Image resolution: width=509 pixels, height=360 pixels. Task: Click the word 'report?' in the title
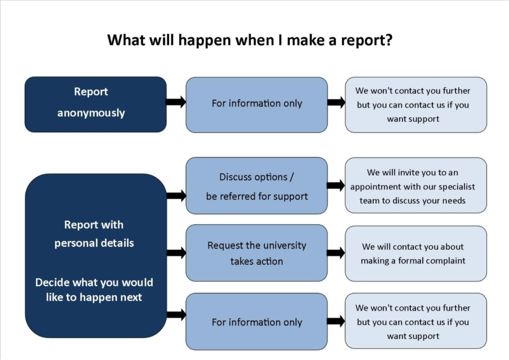click(x=368, y=41)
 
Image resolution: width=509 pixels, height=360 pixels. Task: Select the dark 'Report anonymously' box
click(x=95, y=104)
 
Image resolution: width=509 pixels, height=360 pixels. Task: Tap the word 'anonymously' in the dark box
click(x=91, y=113)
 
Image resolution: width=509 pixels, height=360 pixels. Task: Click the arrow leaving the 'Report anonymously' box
click(x=176, y=102)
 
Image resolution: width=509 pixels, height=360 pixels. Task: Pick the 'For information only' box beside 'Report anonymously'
click(x=256, y=104)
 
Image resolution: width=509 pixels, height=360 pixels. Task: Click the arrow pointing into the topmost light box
click(x=336, y=102)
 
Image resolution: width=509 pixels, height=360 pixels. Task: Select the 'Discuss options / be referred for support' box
click(x=256, y=186)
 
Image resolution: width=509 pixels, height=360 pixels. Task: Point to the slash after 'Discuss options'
click(x=291, y=177)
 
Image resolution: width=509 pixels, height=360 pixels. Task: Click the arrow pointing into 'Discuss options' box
click(x=176, y=195)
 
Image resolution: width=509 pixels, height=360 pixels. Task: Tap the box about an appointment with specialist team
click(x=416, y=186)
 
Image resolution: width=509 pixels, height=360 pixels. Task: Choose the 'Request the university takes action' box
click(x=256, y=253)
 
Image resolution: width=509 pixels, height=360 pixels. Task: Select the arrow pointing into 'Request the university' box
click(x=176, y=253)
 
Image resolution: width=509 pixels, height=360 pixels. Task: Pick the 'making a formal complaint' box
click(x=416, y=254)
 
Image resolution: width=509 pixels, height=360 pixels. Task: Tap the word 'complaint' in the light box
click(x=445, y=261)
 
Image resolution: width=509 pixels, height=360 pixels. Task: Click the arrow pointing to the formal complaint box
click(x=336, y=253)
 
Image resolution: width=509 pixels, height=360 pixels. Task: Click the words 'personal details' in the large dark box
click(x=94, y=243)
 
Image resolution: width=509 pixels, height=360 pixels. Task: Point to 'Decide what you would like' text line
click(x=94, y=282)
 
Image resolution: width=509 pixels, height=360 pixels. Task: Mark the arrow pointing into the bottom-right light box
click(x=336, y=321)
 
